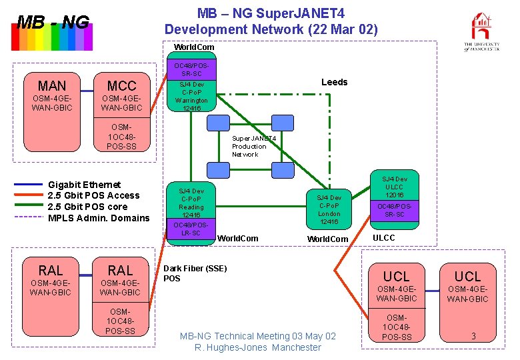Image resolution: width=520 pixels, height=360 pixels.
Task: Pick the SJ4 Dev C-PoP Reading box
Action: click(x=191, y=203)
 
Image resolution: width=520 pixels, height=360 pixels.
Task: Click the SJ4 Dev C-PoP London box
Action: click(x=329, y=209)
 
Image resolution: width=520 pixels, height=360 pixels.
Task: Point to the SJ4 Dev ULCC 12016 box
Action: click(x=394, y=187)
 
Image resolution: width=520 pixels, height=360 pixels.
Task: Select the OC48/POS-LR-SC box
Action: click(x=191, y=229)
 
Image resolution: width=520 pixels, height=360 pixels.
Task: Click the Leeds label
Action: click(x=334, y=82)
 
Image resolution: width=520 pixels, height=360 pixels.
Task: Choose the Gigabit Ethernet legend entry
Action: click(x=85, y=185)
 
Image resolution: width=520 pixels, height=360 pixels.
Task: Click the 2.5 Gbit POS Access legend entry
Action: click(x=94, y=195)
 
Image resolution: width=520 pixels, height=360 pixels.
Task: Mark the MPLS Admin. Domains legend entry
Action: click(x=99, y=217)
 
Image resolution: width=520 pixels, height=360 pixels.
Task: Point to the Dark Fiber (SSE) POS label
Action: click(x=195, y=273)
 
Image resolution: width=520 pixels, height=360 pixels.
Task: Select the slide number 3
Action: click(x=473, y=336)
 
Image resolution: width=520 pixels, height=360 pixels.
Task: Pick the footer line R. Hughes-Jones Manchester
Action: click(x=257, y=347)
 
